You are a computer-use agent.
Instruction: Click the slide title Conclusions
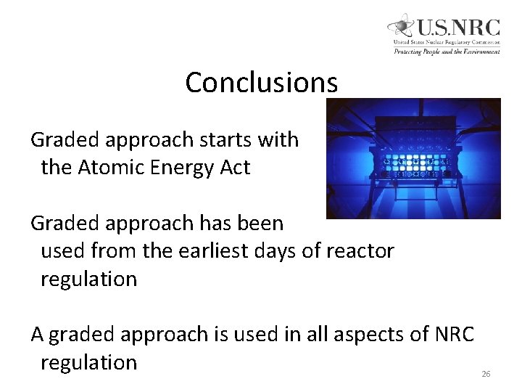(261, 83)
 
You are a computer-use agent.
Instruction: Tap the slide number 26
(486, 374)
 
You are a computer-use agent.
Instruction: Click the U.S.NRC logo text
(457, 28)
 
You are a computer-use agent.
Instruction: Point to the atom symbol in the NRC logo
(401, 28)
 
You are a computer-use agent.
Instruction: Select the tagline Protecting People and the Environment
(446, 52)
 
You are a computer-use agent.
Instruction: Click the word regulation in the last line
(88, 363)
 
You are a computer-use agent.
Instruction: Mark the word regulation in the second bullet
(88, 279)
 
